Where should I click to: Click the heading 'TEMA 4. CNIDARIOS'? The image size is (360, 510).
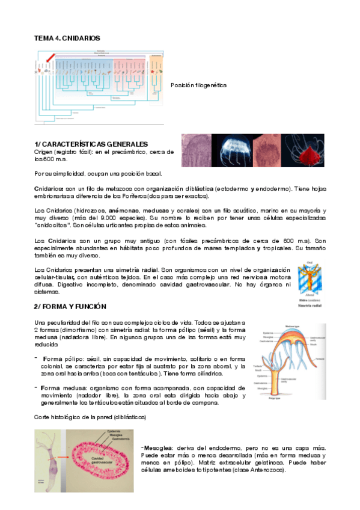click(67, 38)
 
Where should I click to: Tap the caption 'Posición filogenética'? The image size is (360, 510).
click(199, 85)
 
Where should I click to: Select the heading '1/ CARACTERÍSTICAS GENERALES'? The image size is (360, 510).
click(91, 144)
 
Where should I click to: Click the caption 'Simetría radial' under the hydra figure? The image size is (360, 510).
click(310, 306)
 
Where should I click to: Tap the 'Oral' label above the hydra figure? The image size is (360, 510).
click(310, 262)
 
